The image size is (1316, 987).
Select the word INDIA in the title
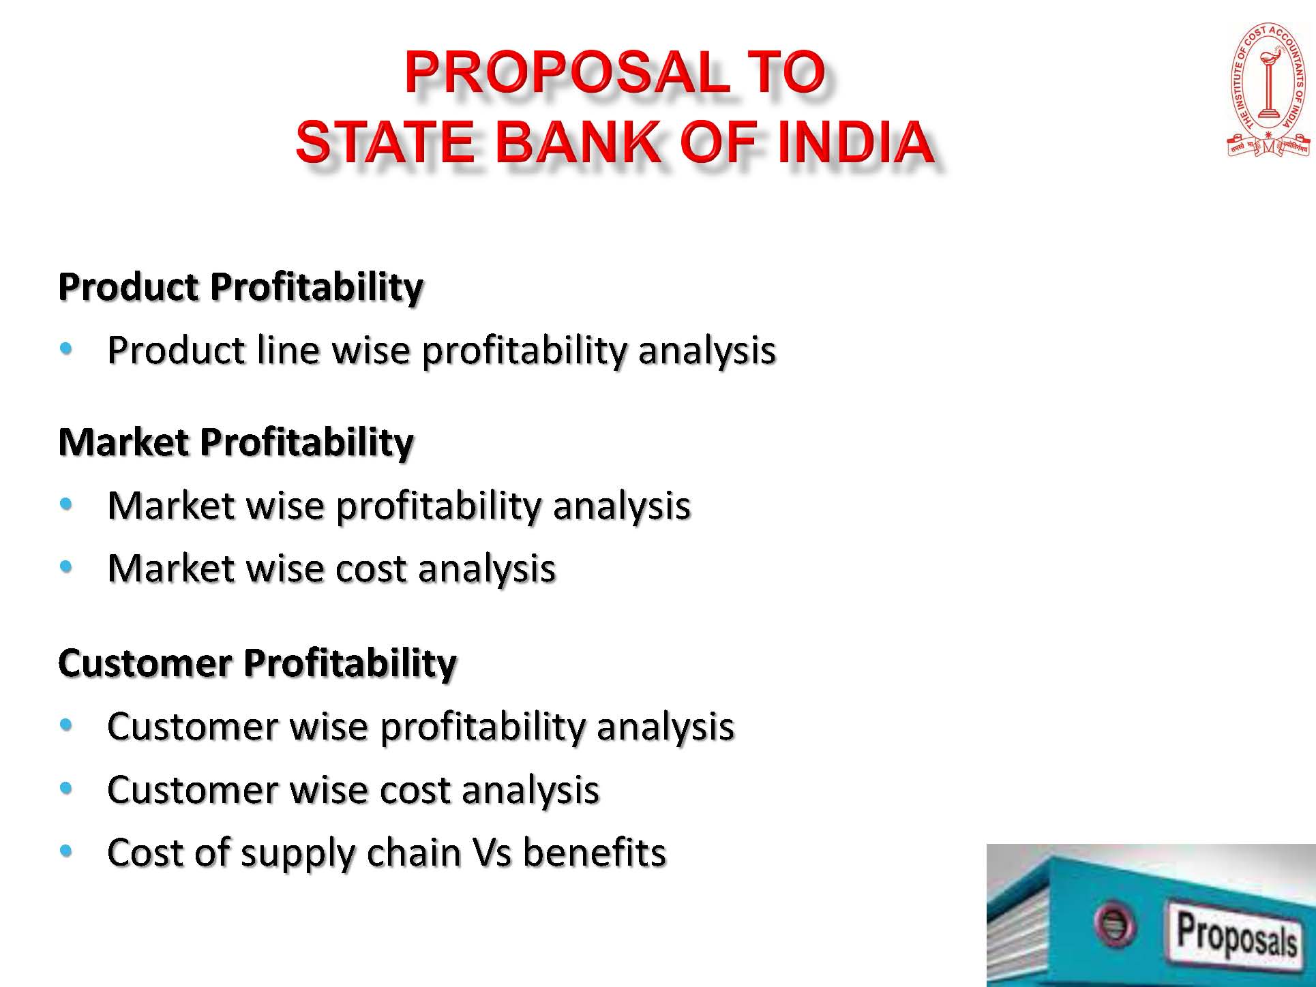855,142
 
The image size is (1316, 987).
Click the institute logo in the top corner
1268,90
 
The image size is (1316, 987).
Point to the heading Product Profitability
241,287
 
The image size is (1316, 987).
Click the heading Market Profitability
236,442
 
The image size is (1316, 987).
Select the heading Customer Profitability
257,663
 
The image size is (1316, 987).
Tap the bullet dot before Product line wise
66,350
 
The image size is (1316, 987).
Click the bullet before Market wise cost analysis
66,566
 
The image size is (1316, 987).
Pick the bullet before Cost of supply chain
66,851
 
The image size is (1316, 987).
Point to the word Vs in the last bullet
491,853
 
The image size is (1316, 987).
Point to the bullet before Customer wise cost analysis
66,788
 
